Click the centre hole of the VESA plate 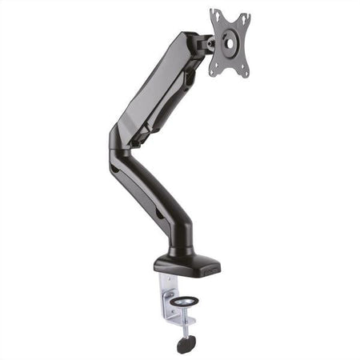(230, 44)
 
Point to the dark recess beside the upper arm (189, 80)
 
